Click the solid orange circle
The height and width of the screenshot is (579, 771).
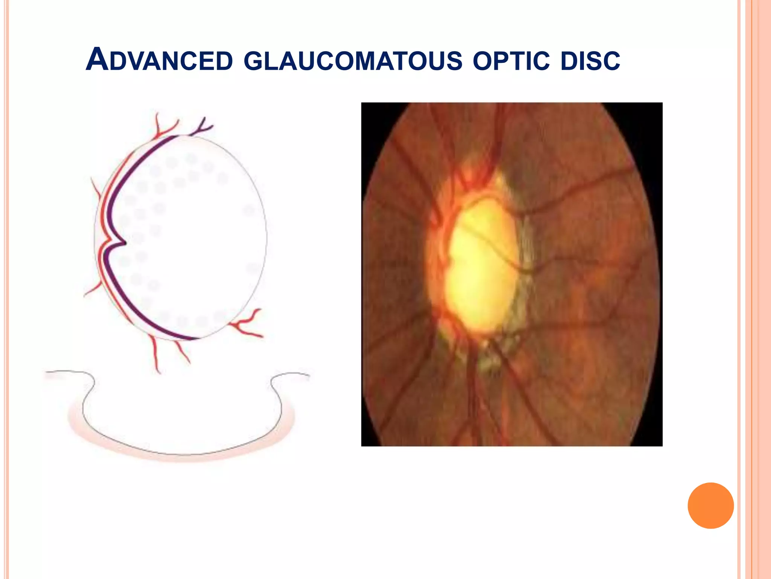[710, 505]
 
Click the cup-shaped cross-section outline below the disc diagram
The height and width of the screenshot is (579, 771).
[181, 452]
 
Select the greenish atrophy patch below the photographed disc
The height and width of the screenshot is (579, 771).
[489, 358]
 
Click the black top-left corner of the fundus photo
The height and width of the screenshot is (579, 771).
[371, 113]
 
